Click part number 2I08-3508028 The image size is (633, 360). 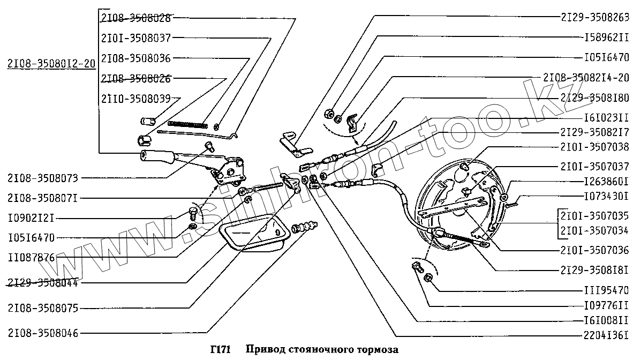tap(135, 18)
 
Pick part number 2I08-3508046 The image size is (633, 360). tap(43, 333)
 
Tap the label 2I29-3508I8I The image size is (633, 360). tap(594, 269)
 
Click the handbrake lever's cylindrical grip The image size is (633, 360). tap(156, 156)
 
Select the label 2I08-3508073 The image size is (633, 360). tap(43, 177)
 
